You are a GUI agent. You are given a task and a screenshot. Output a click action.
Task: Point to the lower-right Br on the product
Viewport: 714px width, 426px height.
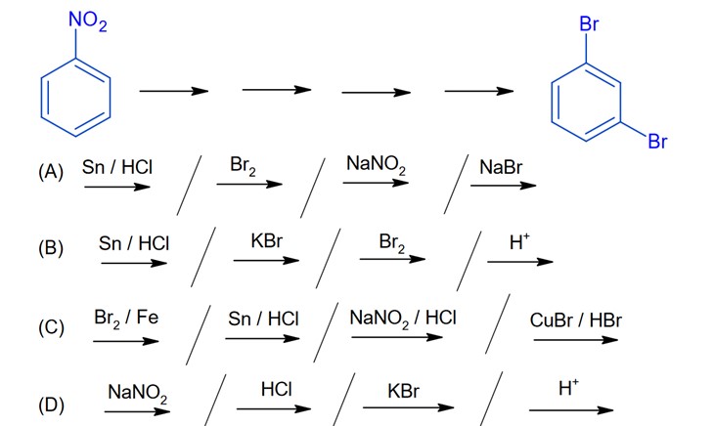(656, 143)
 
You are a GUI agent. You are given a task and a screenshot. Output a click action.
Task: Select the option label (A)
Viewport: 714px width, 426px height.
(51, 172)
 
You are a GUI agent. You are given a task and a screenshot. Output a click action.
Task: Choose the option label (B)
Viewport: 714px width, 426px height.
(51, 247)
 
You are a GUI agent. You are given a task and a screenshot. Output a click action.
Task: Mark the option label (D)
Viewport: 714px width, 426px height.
(51, 402)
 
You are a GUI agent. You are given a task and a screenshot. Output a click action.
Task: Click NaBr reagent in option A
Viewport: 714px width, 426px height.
(501, 168)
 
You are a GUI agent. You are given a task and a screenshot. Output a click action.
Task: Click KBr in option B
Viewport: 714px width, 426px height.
(266, 240)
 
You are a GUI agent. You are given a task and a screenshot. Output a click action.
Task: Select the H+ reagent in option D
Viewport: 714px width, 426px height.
(568, 388)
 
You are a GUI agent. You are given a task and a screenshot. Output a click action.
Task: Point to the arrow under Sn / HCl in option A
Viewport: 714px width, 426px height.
(116, 186)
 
